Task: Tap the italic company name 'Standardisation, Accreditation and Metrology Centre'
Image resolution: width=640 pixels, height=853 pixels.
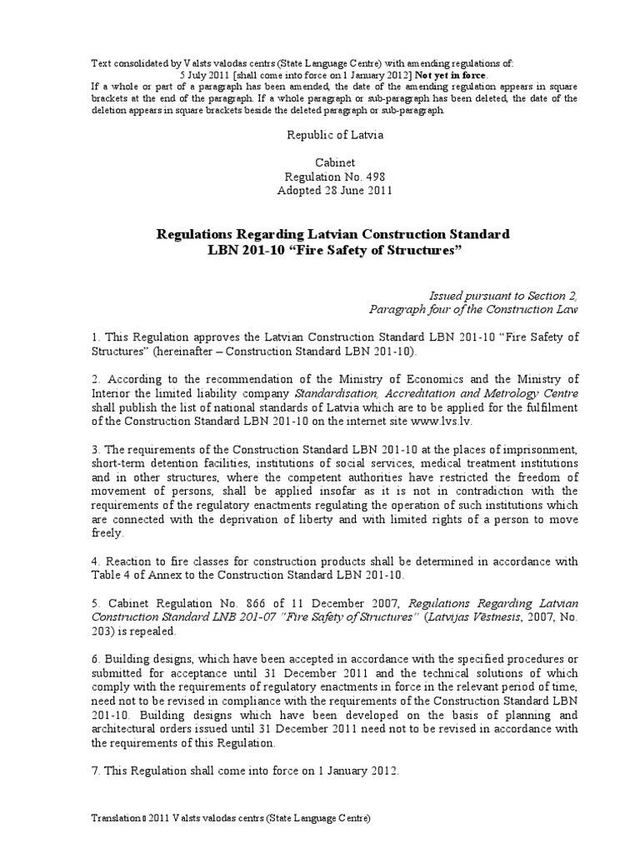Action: click(444, 392)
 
